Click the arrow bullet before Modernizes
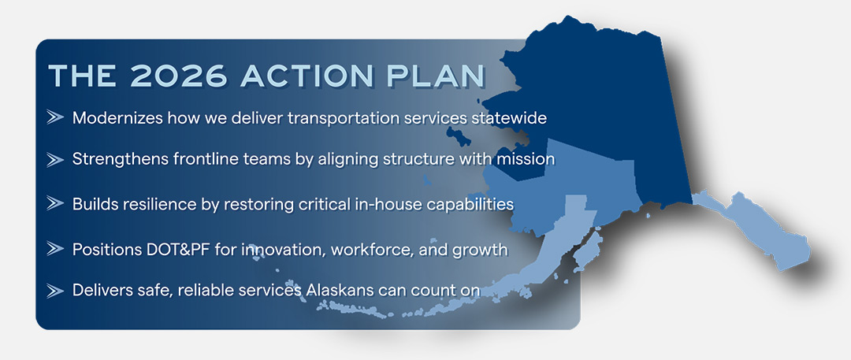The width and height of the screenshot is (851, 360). tap(55, 117)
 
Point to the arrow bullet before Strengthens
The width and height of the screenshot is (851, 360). tap(55, 159)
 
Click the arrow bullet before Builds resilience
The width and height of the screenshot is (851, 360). tap(55, 203)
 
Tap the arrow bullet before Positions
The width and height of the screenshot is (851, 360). tap(55, 249)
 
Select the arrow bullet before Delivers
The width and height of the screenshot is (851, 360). tap(55, 290)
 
